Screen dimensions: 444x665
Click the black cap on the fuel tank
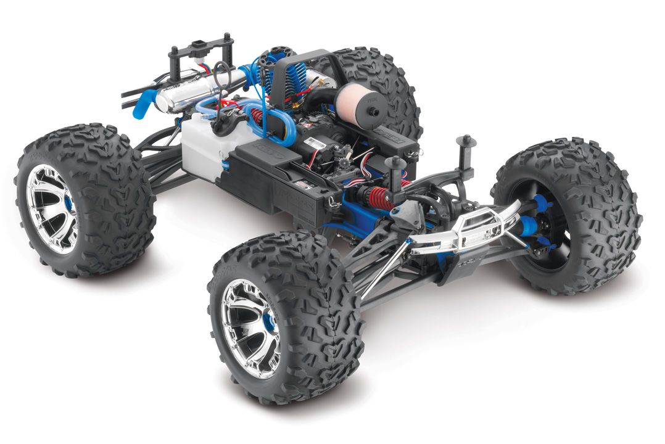(x=220, y=123)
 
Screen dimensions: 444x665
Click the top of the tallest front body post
(x=466, y=139)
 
